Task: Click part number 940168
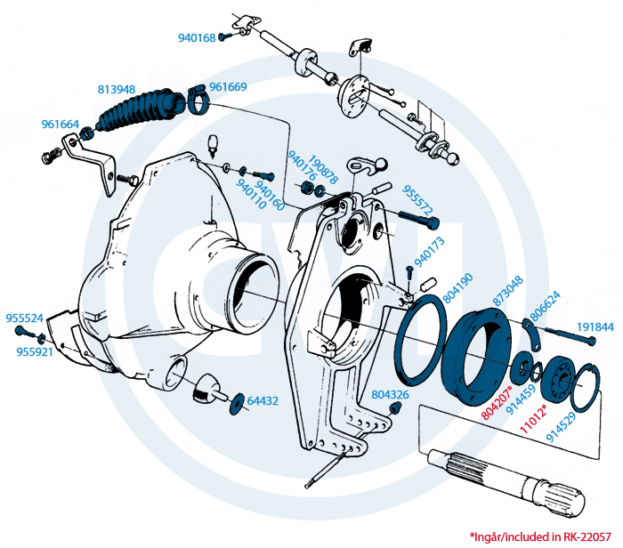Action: [197, 38]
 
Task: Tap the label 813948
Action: [116, 89]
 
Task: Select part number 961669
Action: [228, 87]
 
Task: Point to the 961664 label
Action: [61, 125]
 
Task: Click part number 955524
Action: [25, 318]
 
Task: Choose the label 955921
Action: [36, 352]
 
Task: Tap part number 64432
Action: [263, 401]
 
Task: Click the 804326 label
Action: [391, 394]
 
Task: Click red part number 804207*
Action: [496, 402]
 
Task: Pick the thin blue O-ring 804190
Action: [423, 338]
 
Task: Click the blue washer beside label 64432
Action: [237, 405]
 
